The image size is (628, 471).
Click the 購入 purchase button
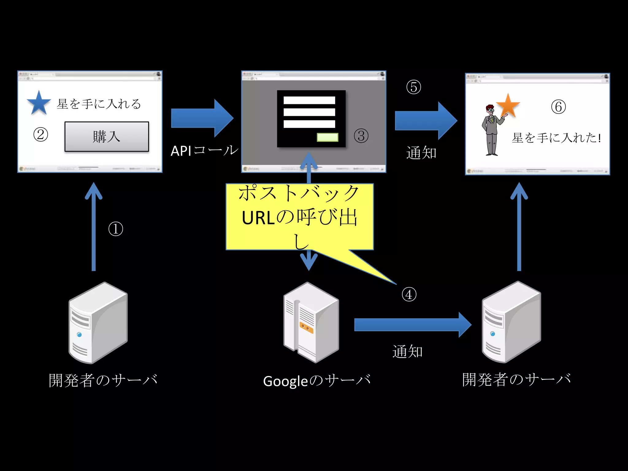tap(106, 136)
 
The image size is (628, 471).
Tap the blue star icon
tap(39, 103)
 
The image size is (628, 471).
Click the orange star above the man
tap(508, 106)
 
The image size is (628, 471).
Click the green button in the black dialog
tap(327, 137)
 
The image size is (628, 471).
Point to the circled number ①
tap(116, 229)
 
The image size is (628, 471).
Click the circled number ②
tap(40, 135)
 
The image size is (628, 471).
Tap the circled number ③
tap(361, 136)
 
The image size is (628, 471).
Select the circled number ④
tap(409, 294)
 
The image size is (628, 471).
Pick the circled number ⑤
tap(413, 87)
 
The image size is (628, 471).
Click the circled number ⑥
tap(558, 107)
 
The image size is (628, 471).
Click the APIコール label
tap(204, 151)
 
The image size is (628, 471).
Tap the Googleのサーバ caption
tap(317, 381)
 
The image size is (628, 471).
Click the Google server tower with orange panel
tap(311, 322)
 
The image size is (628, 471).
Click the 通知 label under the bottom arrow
tap(408, 351)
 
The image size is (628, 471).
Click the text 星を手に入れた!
tap(556, 138)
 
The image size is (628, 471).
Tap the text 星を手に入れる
tap(99, 104)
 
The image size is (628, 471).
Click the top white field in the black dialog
tap(309, 100)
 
